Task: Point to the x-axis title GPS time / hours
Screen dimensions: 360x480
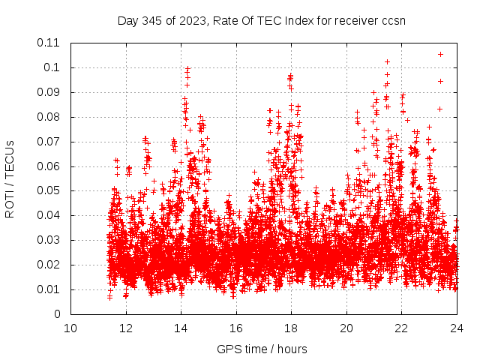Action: coord(262,349)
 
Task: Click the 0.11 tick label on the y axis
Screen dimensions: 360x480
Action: coord(49,43)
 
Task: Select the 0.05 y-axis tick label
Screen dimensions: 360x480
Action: coord(49,190)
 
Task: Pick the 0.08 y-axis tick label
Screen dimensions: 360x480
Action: coord(49,117)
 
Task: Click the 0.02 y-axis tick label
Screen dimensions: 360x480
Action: coord(49,265)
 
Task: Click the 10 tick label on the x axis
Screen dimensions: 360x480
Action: coord(70,328)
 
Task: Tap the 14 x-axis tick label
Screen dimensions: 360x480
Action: coord(181,328)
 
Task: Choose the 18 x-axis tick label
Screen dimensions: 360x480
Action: coord(291,328)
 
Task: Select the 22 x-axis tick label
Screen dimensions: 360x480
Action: coord(401,328)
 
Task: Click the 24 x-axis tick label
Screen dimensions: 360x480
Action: coord(456,328)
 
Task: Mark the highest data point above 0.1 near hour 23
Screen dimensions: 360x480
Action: coord(440,54)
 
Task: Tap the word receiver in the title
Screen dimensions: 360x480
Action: coord(355,20)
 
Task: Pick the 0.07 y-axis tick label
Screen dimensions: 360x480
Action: coord(49,142)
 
